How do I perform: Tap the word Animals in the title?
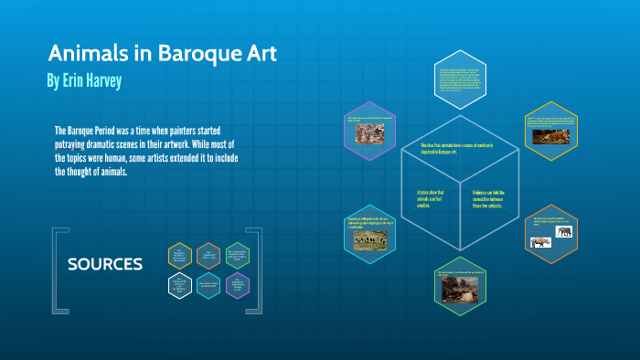click(83, 53)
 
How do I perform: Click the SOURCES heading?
click(105, 265)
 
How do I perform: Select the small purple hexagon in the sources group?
click(238, 285)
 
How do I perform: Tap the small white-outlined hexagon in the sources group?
click(180, 285)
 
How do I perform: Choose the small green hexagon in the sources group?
click(238, 255)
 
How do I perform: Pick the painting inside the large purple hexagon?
click(370, 132)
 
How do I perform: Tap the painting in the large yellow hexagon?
click(552, 137)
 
